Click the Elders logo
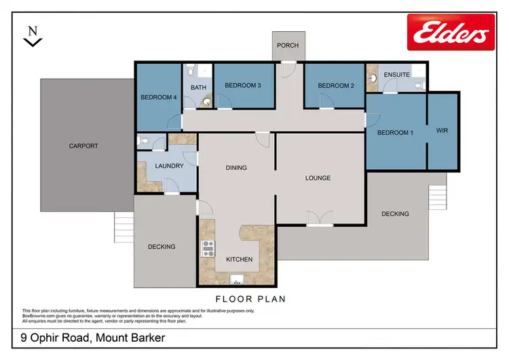pyautogui.click(x=451, y=31)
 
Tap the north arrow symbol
pyautogui.click(x=32, y=37)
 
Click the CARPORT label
pyautogui.click(x=83, y=146)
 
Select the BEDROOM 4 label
pyautogui.click(x=159, y=97)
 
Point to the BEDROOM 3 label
pyautogui.click(x=243, y=86)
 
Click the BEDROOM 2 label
pyautogui.click(x=337, y=86)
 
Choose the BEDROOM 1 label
pyautogui.click(x=395, y=132)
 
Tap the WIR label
pyautogui.click(x=443, y=130)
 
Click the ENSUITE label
pyautogui.click(x=397, y=74)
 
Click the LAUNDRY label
pyautogui.click(x=169, y=166)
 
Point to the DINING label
pyautogui.click(x=236, y=167)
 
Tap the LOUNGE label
pyautogui.click(x=318, y=178)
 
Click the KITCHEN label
pyautogui.click(x=239, y=259)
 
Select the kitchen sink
pyautogui.click(x=238, y=279)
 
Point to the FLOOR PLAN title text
pyautogui.click(x=250, y=299)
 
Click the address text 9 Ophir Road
pyautogui.click(x=89, y=338)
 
